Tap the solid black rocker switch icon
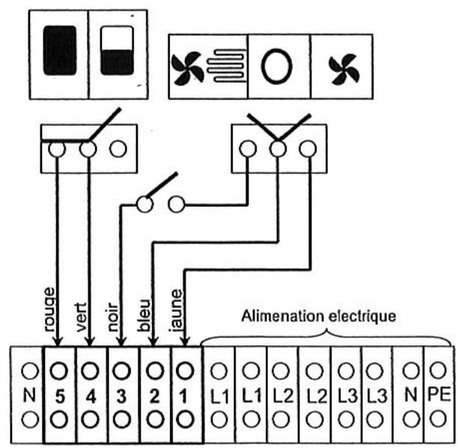(x=60, y=51)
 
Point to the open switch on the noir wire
(x=159, y=193)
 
